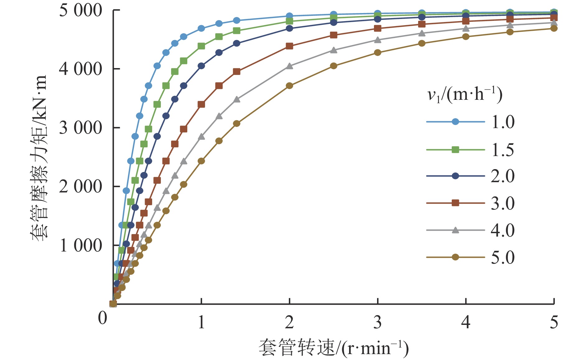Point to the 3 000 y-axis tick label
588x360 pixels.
pos(80,128)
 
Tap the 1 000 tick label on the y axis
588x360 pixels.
pos(80,245)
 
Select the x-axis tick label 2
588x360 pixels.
pos(289,322)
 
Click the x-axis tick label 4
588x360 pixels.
pos(465,322)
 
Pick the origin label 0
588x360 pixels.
pos(102,318)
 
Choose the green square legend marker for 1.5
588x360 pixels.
pos(455,150)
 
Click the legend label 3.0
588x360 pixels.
pos(503,203)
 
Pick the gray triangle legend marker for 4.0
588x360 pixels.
pos(455,230)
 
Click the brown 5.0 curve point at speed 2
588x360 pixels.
pos(289,85)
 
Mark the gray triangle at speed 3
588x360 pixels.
pos(378,40)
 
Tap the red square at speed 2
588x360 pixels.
pos(289,46)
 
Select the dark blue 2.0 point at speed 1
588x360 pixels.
pos(201,66)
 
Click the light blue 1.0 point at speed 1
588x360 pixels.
pos(201,28)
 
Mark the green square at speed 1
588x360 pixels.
pos(201,46)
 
